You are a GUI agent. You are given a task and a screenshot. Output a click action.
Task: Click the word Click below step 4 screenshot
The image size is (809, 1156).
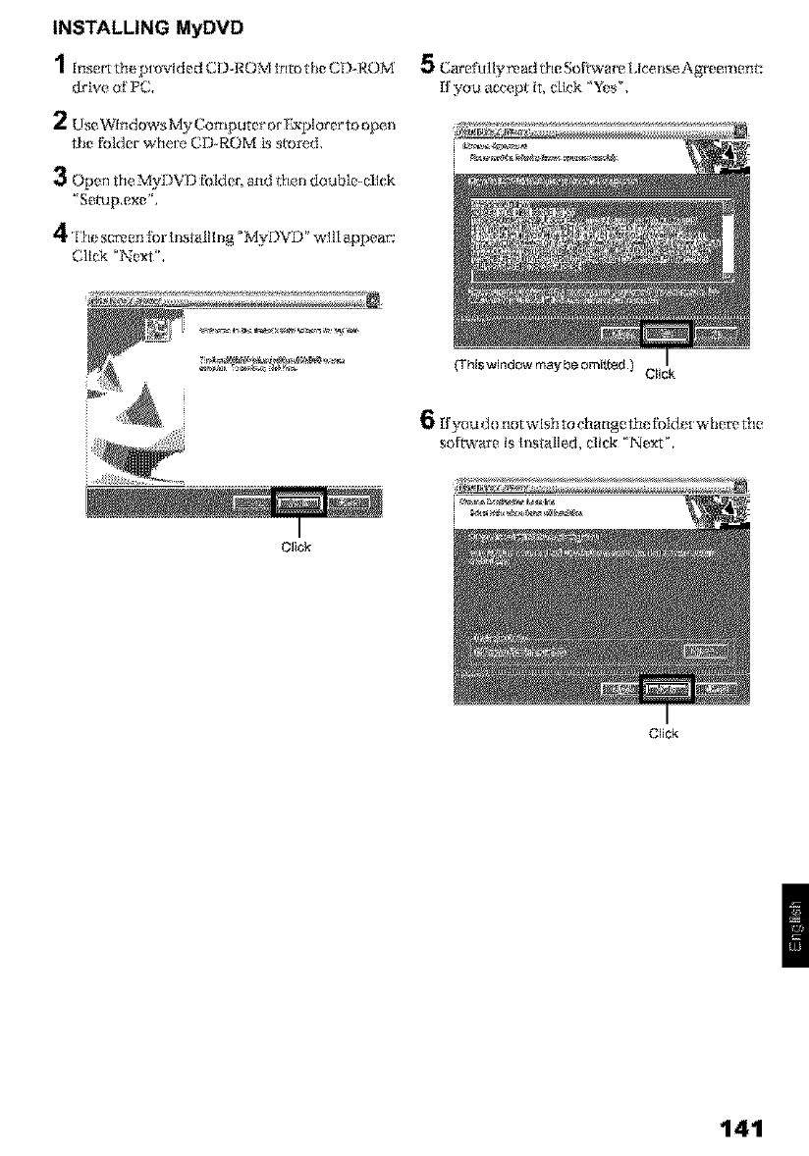point(296,546)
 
